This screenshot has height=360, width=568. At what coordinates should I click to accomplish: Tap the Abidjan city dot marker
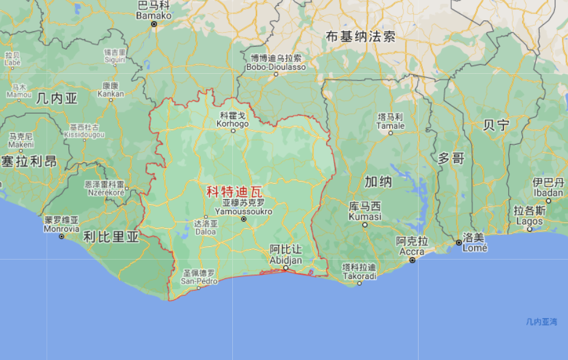286,267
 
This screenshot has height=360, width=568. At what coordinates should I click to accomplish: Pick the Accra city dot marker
412,260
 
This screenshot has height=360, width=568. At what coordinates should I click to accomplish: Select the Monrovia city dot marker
62,236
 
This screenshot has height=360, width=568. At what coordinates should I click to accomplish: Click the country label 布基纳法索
361,36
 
